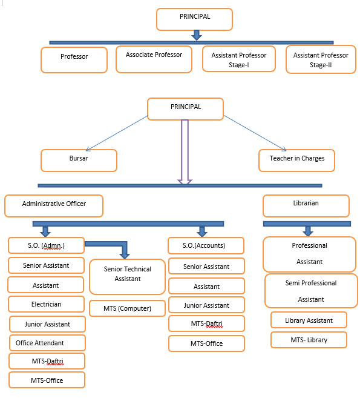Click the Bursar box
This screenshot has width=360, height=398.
[x=79, y=161]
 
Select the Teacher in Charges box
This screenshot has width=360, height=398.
[x=296, y=161]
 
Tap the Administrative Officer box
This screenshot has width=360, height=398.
[x=54, y=206]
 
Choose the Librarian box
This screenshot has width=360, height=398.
[x=306, y=206]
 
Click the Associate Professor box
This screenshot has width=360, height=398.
[x=154, y=59]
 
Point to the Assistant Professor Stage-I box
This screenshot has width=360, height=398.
[x=239, y=59]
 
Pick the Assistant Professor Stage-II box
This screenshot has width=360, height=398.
[x=321, y=59]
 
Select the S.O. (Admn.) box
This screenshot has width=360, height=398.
[x=46, y=245]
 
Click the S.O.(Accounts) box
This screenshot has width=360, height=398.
[x=206, y=246]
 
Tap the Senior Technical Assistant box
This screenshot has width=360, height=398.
[x=127, y=277]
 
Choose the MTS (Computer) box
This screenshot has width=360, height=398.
[x=127, y=308]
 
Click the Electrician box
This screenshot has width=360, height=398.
[x=46, y=304]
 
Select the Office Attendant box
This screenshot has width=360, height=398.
[x=47, y=343]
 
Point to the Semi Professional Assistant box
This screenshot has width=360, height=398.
[x=311, y=291]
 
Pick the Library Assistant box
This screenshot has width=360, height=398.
[x=309, y=320]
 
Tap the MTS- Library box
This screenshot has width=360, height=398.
[x=309, y=340]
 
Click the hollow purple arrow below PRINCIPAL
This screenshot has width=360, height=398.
[x=185, y=152]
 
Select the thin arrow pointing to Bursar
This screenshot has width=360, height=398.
[x=117, y=133]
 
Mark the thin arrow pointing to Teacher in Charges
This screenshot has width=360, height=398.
[x=255, y=133]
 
